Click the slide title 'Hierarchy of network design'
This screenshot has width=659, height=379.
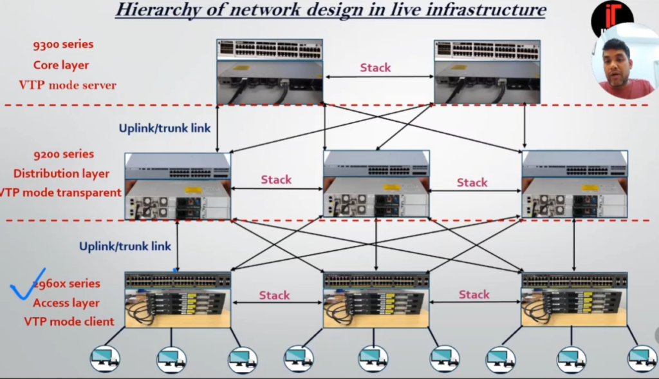point(330,10)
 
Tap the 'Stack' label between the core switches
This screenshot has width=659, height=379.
point(375,67)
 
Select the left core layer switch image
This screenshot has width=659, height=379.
point(270,72)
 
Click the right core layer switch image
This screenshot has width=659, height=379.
point(487,72)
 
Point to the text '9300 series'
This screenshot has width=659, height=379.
point(63,44)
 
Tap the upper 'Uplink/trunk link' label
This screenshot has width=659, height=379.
point(165,128)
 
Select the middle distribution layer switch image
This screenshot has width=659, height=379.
point(376,186)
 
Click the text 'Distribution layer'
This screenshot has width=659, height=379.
point(61,173)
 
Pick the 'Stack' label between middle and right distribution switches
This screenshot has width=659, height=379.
point(472,182)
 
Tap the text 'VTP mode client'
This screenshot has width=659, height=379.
point(69,322)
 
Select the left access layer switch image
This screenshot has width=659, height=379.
point(178,299)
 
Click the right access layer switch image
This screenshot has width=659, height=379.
point(574,299)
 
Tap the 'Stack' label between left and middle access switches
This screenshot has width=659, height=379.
point(275,295)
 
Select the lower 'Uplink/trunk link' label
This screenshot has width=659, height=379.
point(125,246)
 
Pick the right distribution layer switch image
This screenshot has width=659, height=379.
point(574,186)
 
